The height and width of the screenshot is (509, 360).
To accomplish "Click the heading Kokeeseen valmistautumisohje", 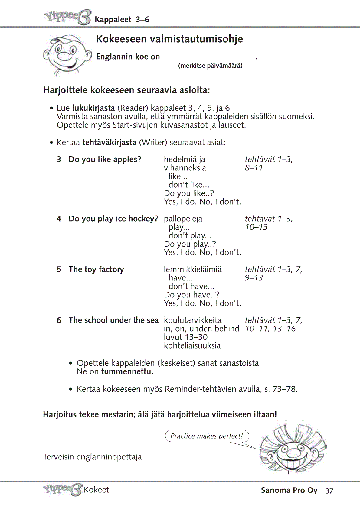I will [x=169, y=39].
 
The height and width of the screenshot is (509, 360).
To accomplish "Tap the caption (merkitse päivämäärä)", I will [x=210, y=66].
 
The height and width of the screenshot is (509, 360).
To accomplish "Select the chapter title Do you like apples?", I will [x=105, y=159].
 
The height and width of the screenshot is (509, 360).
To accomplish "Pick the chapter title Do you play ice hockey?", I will [x=113, y=219].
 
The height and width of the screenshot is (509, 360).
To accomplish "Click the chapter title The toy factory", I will [x=96, y=269].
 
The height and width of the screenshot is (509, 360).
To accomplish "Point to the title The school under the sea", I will [x=113, y=320].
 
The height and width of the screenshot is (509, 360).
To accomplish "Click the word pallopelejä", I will [x=183, y=219].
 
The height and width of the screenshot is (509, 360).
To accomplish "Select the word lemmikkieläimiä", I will [x=193, y=269].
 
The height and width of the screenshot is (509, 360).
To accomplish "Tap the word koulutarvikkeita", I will [x=193, y=320].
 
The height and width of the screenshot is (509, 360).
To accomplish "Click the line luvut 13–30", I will [x=186, y=337].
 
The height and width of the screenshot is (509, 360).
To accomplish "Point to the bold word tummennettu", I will [x=127, y=371].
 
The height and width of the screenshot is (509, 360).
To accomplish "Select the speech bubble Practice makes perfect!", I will [x=207, y=436].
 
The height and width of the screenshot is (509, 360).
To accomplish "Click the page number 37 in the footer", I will [x=329, y=491].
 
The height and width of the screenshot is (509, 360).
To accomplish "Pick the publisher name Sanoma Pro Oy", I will [x=289, y=490].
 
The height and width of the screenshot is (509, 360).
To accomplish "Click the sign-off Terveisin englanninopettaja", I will [x=92, y=457].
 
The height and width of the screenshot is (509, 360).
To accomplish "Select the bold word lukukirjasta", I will [x=93, y=108].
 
